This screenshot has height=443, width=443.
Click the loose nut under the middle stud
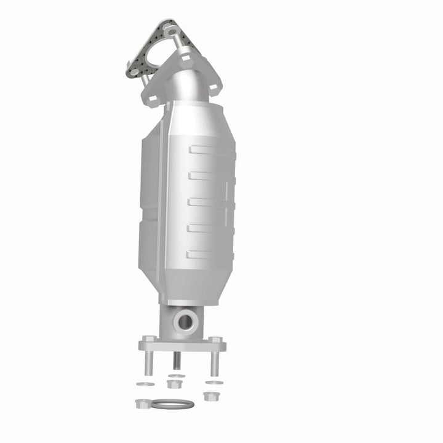(x=174, y=384)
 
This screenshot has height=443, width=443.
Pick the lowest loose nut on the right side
(x=210, y=396)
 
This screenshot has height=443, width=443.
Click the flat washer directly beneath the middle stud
(x=176, y=375)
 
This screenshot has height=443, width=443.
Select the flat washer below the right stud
(x=214, y=383)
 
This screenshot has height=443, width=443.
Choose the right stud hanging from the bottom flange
(x=215, y=362)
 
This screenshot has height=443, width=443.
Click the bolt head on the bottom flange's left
(x=148, y=340)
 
